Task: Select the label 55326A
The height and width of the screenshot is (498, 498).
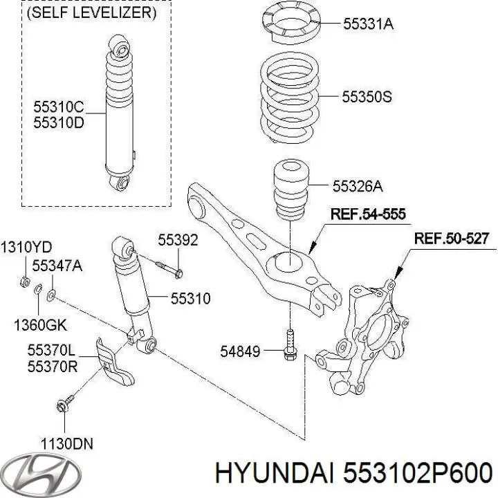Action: coord(358,185)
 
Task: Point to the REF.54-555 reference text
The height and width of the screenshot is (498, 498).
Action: coord(366,214)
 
